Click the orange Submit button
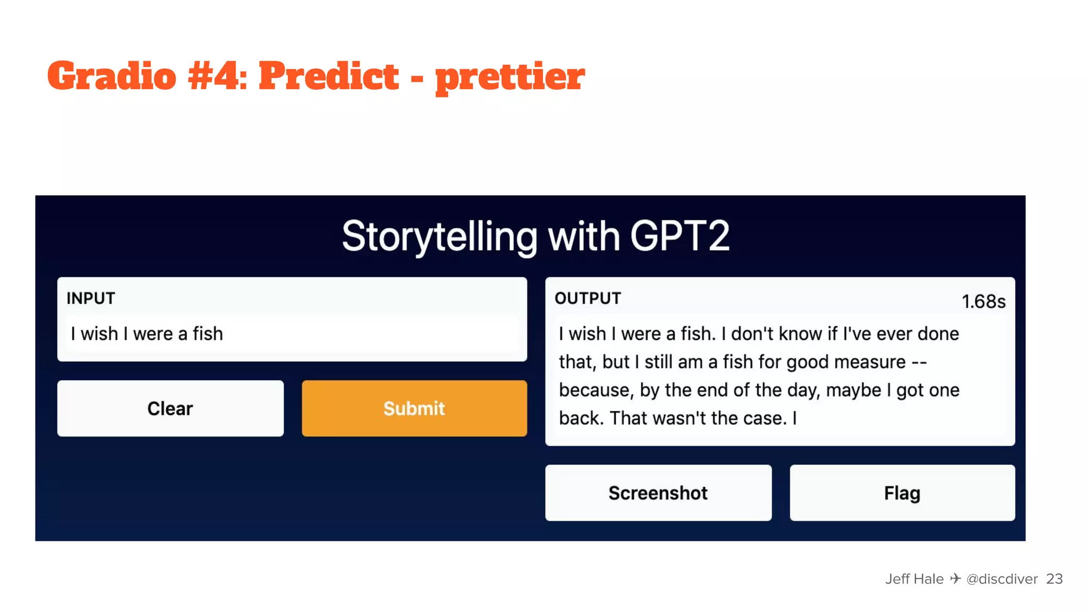[x=414, y=408]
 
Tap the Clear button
[x=170, y=408]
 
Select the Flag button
[x=902, y=493]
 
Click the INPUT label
[x=91, y=299]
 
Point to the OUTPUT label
[x=588, y=299]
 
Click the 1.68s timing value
[x=983, y=302]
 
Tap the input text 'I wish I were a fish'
[x=147, y=334]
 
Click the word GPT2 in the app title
[x=679, y=236]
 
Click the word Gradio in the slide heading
[x=112, y=76]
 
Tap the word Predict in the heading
[x=329, y=76]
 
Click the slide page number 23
[x=1054, y=579]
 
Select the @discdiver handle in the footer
[x=1002, y=579]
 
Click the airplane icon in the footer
[x=955, y=579]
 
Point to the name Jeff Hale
[x=914, y=579]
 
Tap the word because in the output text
[x=594, y=390]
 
